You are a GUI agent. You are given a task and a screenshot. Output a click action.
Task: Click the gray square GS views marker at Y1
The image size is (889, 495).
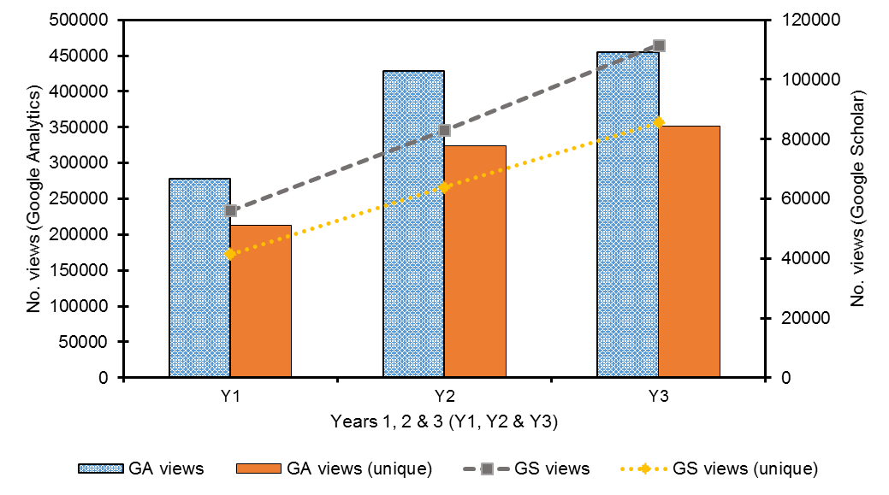coord(230,210)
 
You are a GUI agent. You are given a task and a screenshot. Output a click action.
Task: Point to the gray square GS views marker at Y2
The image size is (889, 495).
coord(444,130)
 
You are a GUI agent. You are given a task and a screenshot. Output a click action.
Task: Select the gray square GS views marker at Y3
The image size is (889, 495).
coord(659,45)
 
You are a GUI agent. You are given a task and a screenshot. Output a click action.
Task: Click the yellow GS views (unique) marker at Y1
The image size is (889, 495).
coord(230,254)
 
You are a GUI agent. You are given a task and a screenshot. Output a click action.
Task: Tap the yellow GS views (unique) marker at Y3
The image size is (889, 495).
coord(659,122)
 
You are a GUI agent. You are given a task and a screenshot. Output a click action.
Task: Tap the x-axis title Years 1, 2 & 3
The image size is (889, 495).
coord(444,422)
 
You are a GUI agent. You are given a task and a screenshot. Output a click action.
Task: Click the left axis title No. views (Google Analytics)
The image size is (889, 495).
coord(35,198)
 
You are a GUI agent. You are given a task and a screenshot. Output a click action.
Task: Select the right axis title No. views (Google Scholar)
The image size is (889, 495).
coord(858,198)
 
